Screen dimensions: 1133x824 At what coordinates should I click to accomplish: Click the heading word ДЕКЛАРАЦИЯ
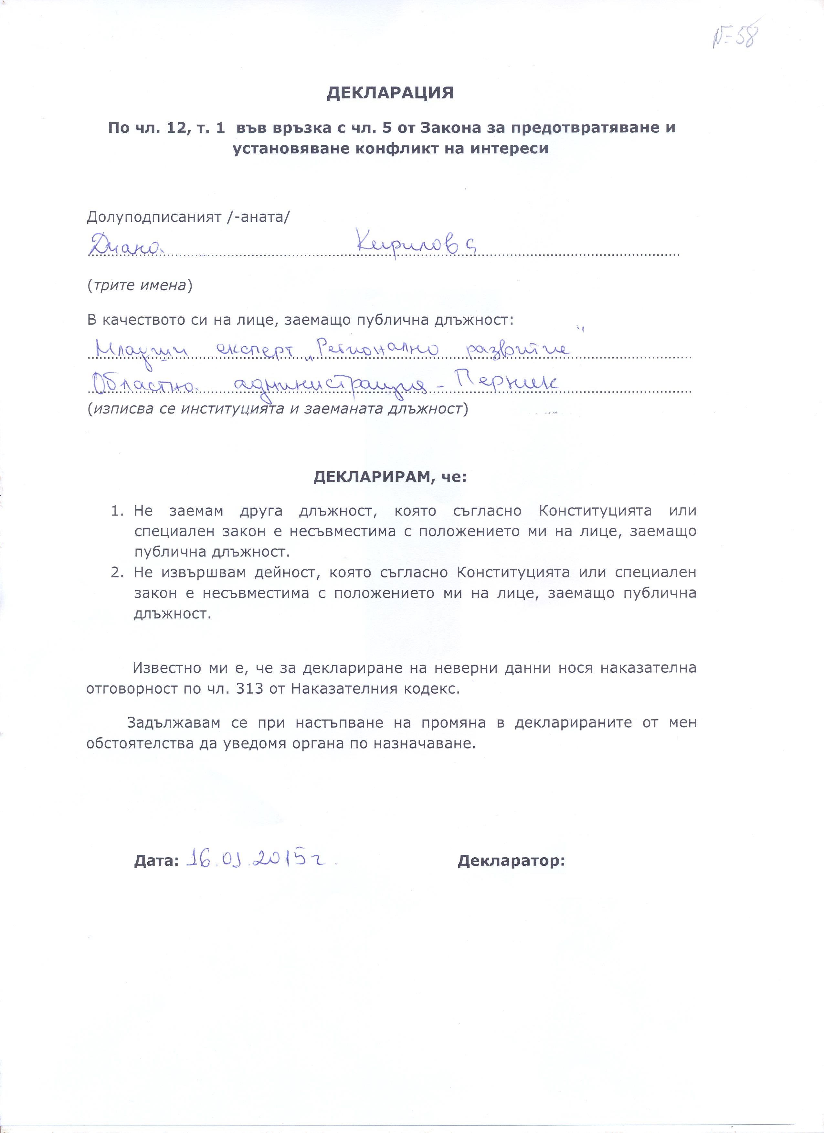(390, 93)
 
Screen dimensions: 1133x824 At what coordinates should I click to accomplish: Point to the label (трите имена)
(140, 285)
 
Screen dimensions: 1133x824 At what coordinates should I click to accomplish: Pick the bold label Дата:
(156, 861)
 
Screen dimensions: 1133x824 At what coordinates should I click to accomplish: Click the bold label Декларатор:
(511, 861)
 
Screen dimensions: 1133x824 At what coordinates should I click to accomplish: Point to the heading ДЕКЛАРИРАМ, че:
(389, 477)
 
